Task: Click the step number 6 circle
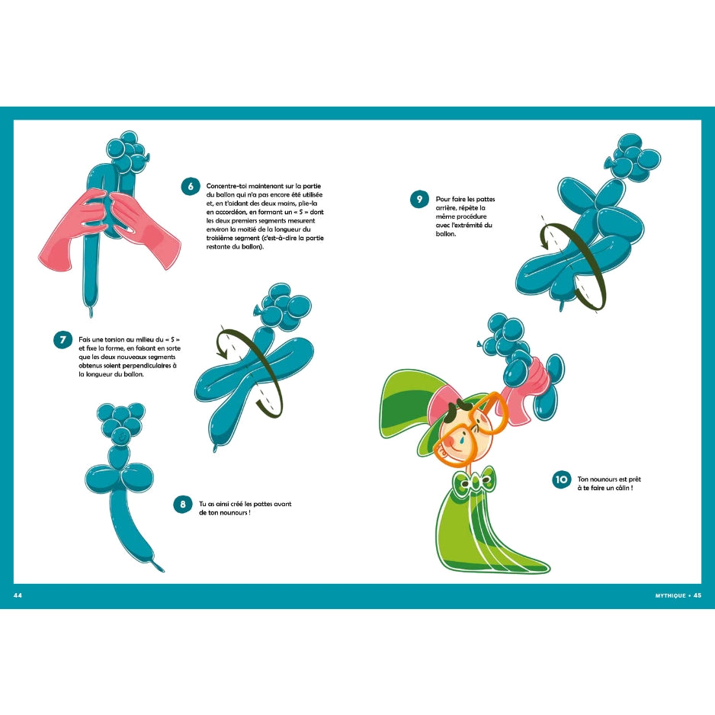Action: [x=190, y=187]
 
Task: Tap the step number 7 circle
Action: [x=63, y=340]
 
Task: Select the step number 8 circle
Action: [x=183, y=504]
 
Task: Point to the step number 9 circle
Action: [x=419, y=199]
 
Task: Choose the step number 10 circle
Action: [x=561, y=479]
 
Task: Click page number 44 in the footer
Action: [x=18, y=595]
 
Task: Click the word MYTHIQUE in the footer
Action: [x=670, y=595]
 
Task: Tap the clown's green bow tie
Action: [x=475, y=480]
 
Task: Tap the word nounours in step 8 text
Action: [x=234, y=512]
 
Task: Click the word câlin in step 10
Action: [x=621, y=488]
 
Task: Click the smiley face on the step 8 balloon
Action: [x=121, y=436]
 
